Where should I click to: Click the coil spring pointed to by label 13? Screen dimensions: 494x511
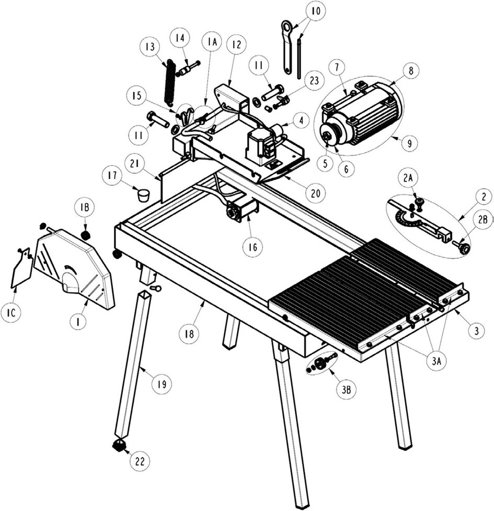(x=168, y=83)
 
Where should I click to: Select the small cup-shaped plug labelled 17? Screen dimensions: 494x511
(x=142, y=196)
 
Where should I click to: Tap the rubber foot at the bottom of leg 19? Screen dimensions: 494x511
(x=118, y=445)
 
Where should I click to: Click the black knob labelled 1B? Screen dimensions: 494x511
(x=85, y=235)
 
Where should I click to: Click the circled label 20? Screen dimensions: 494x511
(x=316, y=193)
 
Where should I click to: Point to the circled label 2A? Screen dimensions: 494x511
(x=407, y=178)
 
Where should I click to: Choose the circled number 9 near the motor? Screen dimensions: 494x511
(x=410, y=143)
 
